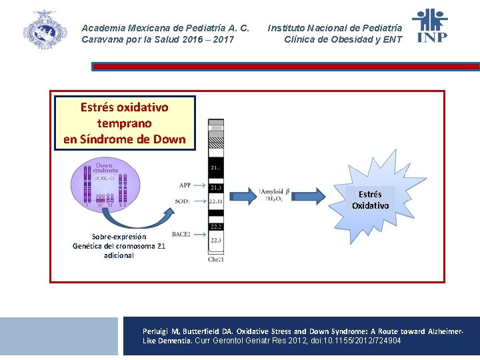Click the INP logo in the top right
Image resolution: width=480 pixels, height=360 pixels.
[429, 26]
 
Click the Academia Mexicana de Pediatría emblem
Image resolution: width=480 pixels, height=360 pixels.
[45, 29]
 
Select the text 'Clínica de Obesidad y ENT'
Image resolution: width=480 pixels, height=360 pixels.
[343, 39]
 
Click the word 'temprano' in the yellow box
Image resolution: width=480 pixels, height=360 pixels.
[125, 123]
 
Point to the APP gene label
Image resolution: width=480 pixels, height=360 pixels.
[185, 185]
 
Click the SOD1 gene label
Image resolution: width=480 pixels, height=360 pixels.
[183, 201]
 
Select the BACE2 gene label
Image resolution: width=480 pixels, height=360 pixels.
[181, 234]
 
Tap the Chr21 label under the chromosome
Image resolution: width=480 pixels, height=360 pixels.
[215, 259]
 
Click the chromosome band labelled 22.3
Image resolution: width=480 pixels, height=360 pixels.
[215, 240]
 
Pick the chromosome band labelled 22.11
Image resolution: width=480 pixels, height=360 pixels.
[215, 200]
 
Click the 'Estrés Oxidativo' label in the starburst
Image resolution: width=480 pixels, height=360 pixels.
[371, 200]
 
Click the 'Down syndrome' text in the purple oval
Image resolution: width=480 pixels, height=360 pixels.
[106, 168]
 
